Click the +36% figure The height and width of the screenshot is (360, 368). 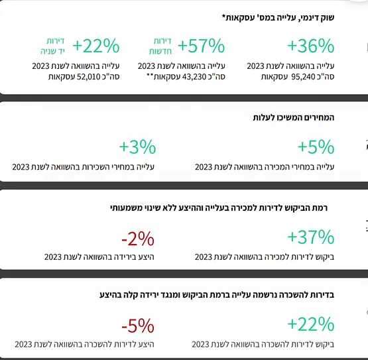[x=311, y=46]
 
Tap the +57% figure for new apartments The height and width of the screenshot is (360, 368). [x=202, y=46]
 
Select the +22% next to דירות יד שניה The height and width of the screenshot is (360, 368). [x=96, y=46]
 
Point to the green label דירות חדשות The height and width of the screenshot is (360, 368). [x=160, y=46]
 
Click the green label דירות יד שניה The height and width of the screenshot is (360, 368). [x=52, y=46]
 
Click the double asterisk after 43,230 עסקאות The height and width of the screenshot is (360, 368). [x=150, y=76]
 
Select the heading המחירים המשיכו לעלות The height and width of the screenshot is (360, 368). [x=293, y=117]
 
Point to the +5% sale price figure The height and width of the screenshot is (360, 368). [x=316, y=147]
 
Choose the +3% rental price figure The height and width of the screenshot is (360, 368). [x=137, y=147]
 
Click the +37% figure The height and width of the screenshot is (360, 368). [x=311, y=237]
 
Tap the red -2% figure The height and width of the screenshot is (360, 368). [x=138, y=239]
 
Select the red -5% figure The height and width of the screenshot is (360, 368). [x=138, y=326]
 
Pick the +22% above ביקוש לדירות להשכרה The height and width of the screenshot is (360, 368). [x=311, y=324]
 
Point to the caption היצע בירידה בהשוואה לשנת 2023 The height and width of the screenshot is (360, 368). [x=99, y=257]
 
